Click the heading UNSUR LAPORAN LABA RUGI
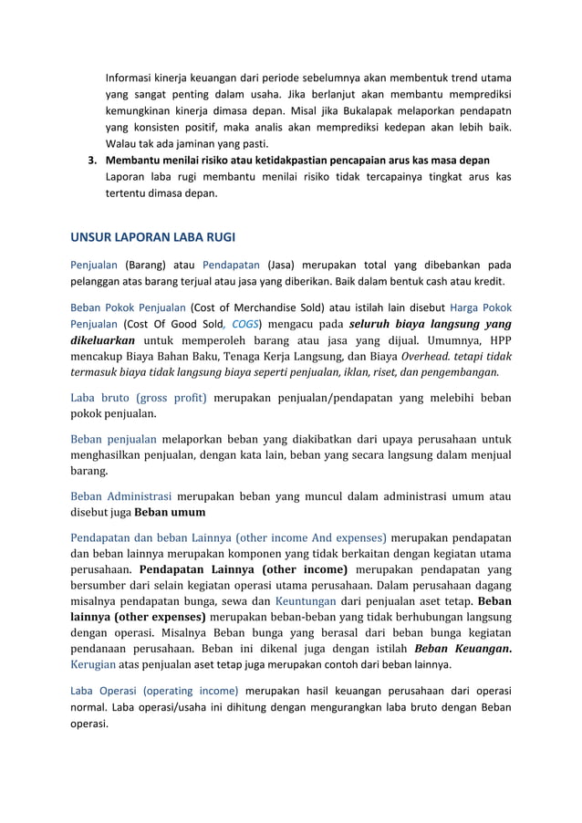152,238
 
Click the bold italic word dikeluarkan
104,341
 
